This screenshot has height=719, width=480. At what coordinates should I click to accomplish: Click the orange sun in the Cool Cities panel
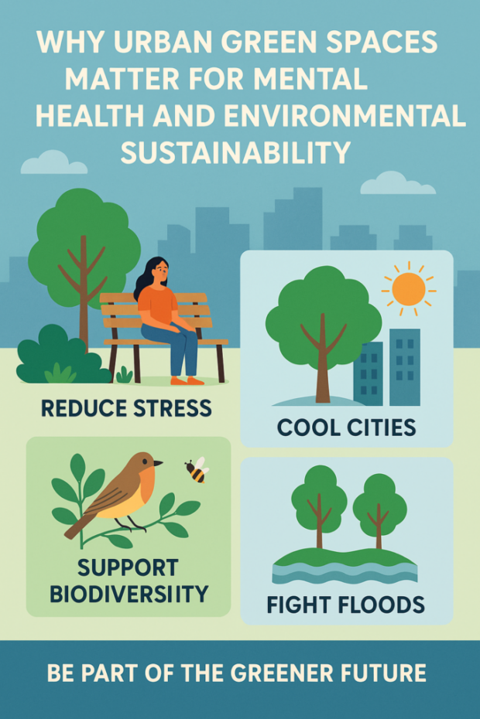tap(408, 289)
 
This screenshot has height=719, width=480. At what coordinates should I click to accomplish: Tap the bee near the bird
tap(197, 469)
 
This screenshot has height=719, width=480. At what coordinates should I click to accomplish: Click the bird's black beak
tap(158, 464)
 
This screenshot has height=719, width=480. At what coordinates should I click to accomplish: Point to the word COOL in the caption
tap(308, 428)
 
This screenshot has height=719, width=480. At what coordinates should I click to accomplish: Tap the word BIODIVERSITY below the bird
tap(129, 594)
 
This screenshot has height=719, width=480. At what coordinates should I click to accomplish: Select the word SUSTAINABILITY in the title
tap(235, 152)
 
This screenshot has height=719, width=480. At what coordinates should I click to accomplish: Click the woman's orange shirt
tap(158, 305)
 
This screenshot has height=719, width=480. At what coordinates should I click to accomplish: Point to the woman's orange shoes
tap(187, 380)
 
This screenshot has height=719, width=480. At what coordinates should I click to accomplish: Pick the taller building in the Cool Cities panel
tap(405, 366)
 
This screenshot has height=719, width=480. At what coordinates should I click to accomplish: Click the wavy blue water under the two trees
tap(345, 573)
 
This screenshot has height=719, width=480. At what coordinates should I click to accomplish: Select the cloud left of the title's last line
tap(53, 163)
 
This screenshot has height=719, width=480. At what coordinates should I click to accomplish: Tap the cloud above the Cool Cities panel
tap(397, 183)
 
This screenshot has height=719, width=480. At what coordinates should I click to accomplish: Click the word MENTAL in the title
tap(310, 79)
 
